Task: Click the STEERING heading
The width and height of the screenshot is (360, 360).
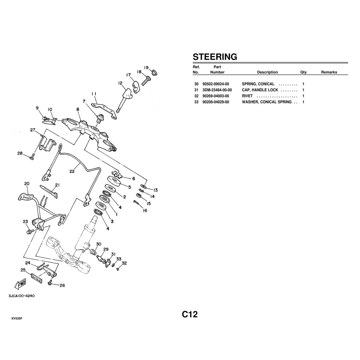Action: tap(215, 57)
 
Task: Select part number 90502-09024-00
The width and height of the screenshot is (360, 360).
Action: tap(216, 84)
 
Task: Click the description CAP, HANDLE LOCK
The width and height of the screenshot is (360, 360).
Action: tap(260, 90)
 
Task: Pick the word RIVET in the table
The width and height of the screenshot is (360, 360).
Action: tap(247, 96)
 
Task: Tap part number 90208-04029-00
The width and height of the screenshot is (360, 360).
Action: tap(216, 102)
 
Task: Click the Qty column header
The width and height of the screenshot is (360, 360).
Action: tap(303, 72)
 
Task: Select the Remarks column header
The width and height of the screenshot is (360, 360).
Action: tap(329, 72)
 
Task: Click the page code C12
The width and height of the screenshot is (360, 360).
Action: tap(190, 314)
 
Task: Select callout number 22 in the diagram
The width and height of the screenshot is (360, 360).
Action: tap(72, 171)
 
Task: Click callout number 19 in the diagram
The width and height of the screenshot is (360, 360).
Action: tap(146, 67)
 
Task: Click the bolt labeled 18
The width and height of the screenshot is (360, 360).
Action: tap(146, 80)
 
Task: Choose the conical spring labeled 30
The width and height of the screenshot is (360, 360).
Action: tap(93, 252)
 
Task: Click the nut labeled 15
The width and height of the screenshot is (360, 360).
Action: tap(139, 196)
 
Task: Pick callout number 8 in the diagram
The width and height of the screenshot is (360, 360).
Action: tap(78, 109)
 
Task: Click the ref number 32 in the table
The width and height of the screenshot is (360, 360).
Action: tap(196, 96)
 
